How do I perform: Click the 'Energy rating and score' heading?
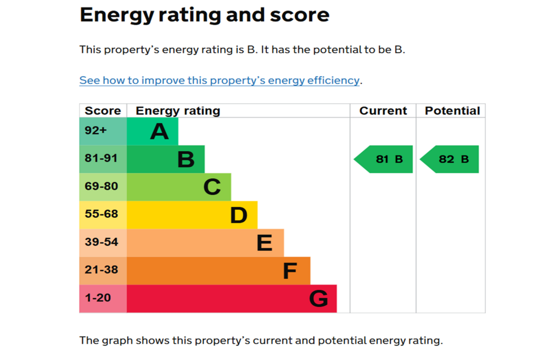205,15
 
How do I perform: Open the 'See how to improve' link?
219,80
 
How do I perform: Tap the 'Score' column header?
103,111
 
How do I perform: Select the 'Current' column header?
383,111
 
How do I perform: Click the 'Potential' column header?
452,111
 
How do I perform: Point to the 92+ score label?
96,130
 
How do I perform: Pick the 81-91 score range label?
101,158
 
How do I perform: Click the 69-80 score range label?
101,186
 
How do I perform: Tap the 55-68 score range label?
101,214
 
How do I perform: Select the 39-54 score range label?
101,242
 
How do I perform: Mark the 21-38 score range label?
101,270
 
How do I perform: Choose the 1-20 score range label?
98,298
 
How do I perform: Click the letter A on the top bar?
159,131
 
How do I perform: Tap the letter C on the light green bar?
212,187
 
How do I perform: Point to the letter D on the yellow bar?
239,215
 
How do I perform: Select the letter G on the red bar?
319,299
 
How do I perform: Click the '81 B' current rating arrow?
383,159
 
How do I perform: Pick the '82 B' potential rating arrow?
449,159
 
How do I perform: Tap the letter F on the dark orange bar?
290,271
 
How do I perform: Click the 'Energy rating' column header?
178,111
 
